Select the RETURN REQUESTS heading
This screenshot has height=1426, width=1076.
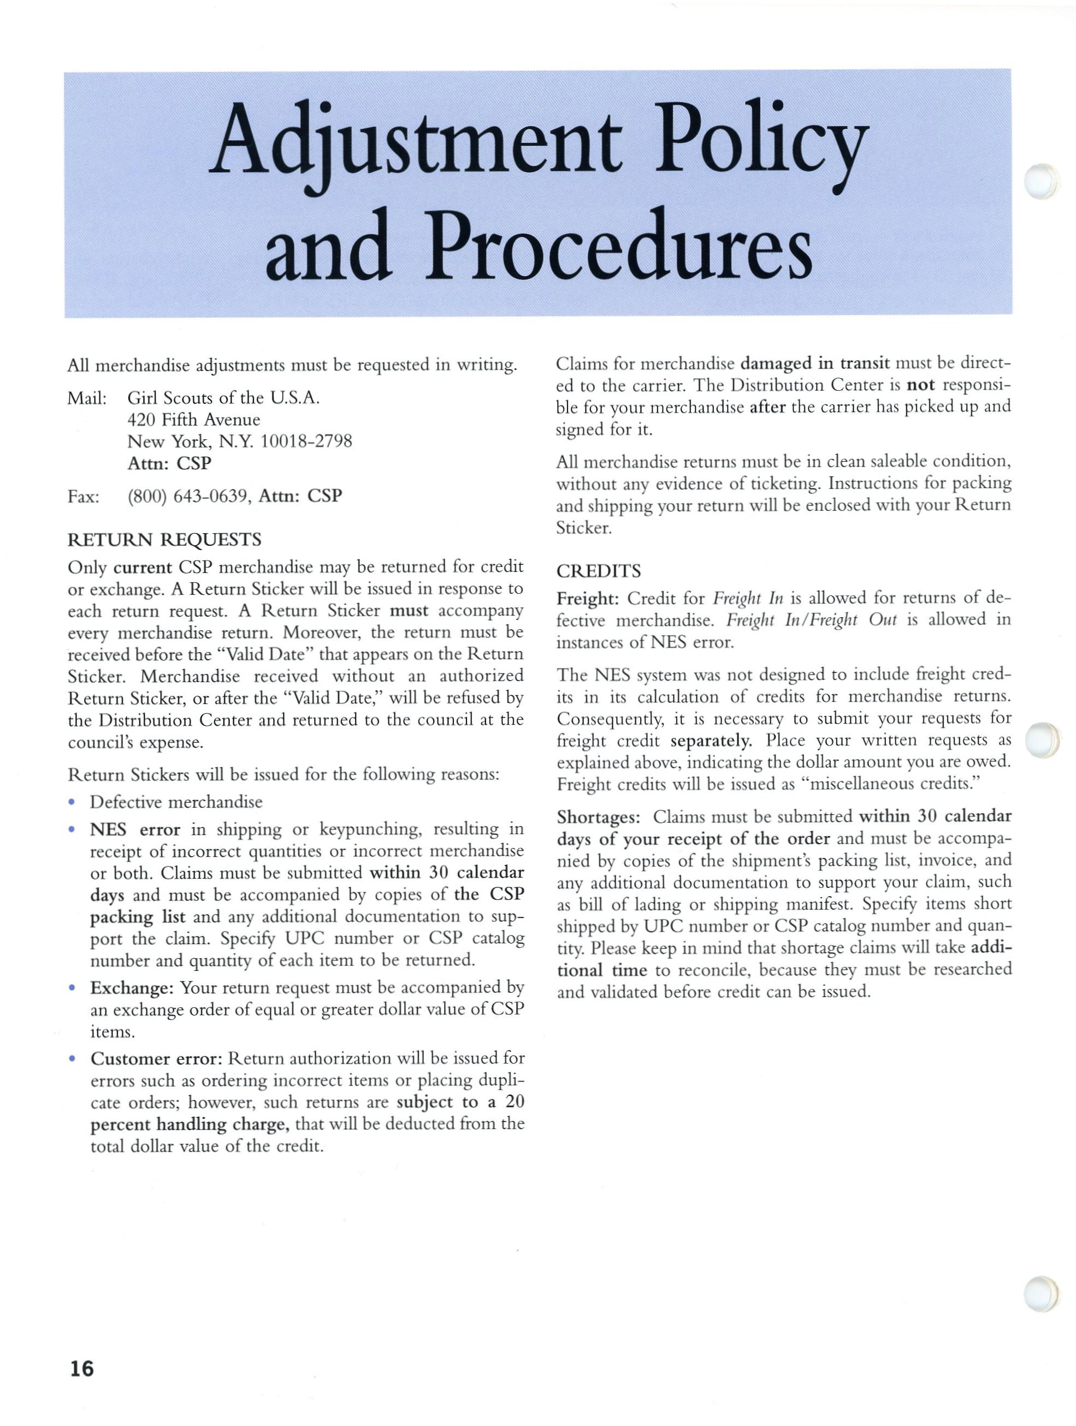pyautogui.click(x=164, y=539)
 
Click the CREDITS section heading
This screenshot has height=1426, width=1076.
pyautogui.click(x=599, y=571)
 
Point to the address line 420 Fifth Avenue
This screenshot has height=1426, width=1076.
pyautogui.click(x=193, y=420)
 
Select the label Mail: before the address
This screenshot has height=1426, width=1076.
pyautogui.click(x=87, y=398)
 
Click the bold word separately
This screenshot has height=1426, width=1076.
pyautogui.click(x=711, y=741)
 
